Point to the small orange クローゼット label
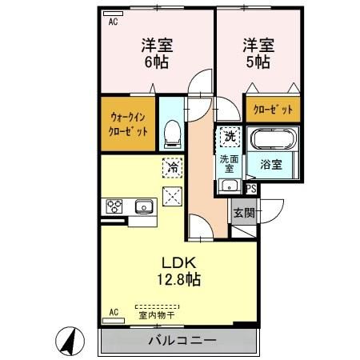click(x=273, y=109)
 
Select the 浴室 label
click(x=270, y=166)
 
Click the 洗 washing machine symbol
click(x=229, y=136)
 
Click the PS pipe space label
click(x=250, y=189)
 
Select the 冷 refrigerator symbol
click(x=172, y=167)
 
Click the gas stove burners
click(x=113, y=206)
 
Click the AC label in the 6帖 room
click(x=112, y=22)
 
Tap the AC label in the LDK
click(x=113, y=311)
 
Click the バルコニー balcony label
click(x=182, y=342)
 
